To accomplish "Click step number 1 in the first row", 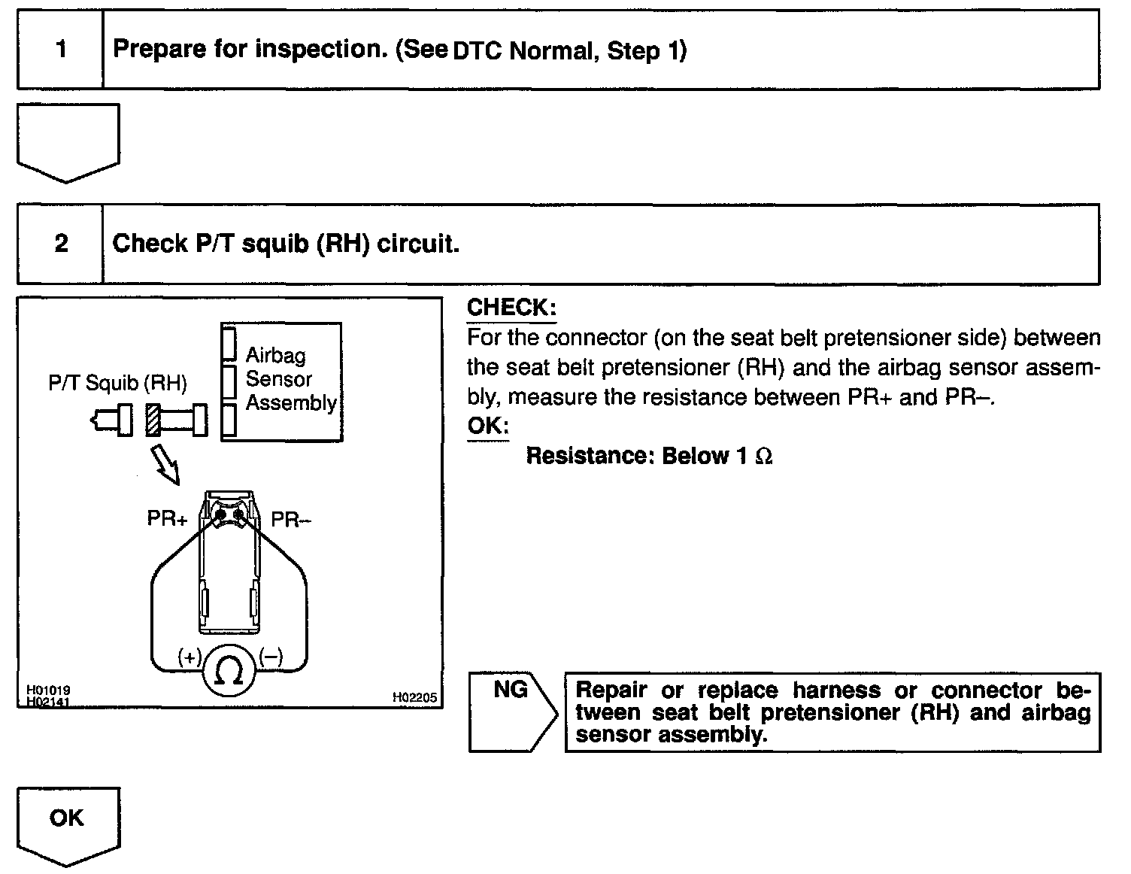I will pos(61,50).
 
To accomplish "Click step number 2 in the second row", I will pos(61,244).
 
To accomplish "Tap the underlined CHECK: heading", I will pos(511,308).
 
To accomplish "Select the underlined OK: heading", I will pos(487,425).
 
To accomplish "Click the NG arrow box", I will pos(512,711).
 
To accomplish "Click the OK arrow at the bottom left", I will pos(67,823).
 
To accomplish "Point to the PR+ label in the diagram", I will pos(167,519).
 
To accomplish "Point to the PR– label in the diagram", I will pos(291,519).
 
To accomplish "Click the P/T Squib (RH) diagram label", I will pos(117,384).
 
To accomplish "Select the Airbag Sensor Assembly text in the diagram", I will pos(290,379).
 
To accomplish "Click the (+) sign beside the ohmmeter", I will pos(189,657).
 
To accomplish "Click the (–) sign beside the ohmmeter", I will pos(271,657).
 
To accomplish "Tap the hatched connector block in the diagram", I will pos(153,420).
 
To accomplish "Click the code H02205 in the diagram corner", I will pos(414,697).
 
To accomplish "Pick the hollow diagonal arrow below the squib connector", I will pos(165,463).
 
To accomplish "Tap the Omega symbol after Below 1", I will pos(763,457).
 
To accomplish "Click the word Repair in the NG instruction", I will pos(611,690).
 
